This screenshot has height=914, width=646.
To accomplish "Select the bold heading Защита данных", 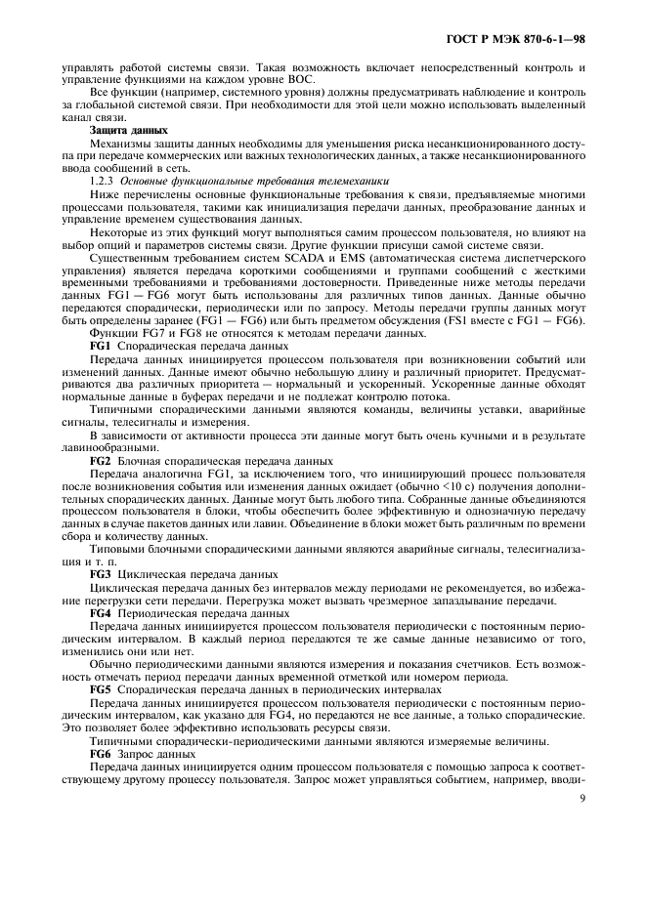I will [x=127, y=130].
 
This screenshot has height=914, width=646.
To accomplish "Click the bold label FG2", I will [x=102, y=461].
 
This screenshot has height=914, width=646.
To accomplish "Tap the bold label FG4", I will [x=102, y=612].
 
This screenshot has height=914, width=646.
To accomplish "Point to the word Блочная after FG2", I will [x=140, y=461].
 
